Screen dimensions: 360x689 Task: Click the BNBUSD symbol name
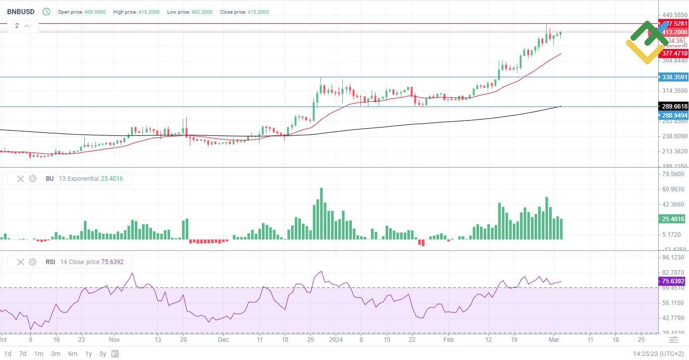coord(21,12)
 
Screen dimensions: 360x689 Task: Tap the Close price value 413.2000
coord(258,12)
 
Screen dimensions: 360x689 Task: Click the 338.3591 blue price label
coord(674,77)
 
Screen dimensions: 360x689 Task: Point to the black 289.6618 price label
coord(674,107)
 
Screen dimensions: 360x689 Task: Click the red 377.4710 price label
coord(674,53)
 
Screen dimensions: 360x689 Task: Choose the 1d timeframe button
coord(8,353)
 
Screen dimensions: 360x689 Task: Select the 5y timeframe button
coord(103,353)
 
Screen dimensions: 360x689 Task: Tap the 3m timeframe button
coord(56,353)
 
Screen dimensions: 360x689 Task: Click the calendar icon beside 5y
coord(116,353)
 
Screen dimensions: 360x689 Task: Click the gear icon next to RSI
coord(33,262)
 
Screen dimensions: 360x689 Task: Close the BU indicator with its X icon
coord(21,179)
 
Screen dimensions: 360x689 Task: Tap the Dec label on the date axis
coord(224,340)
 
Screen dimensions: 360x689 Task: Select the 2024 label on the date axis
coord(336,340)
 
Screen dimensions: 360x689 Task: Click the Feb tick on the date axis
coord(448,340)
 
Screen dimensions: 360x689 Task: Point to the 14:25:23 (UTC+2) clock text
coord(658,353)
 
